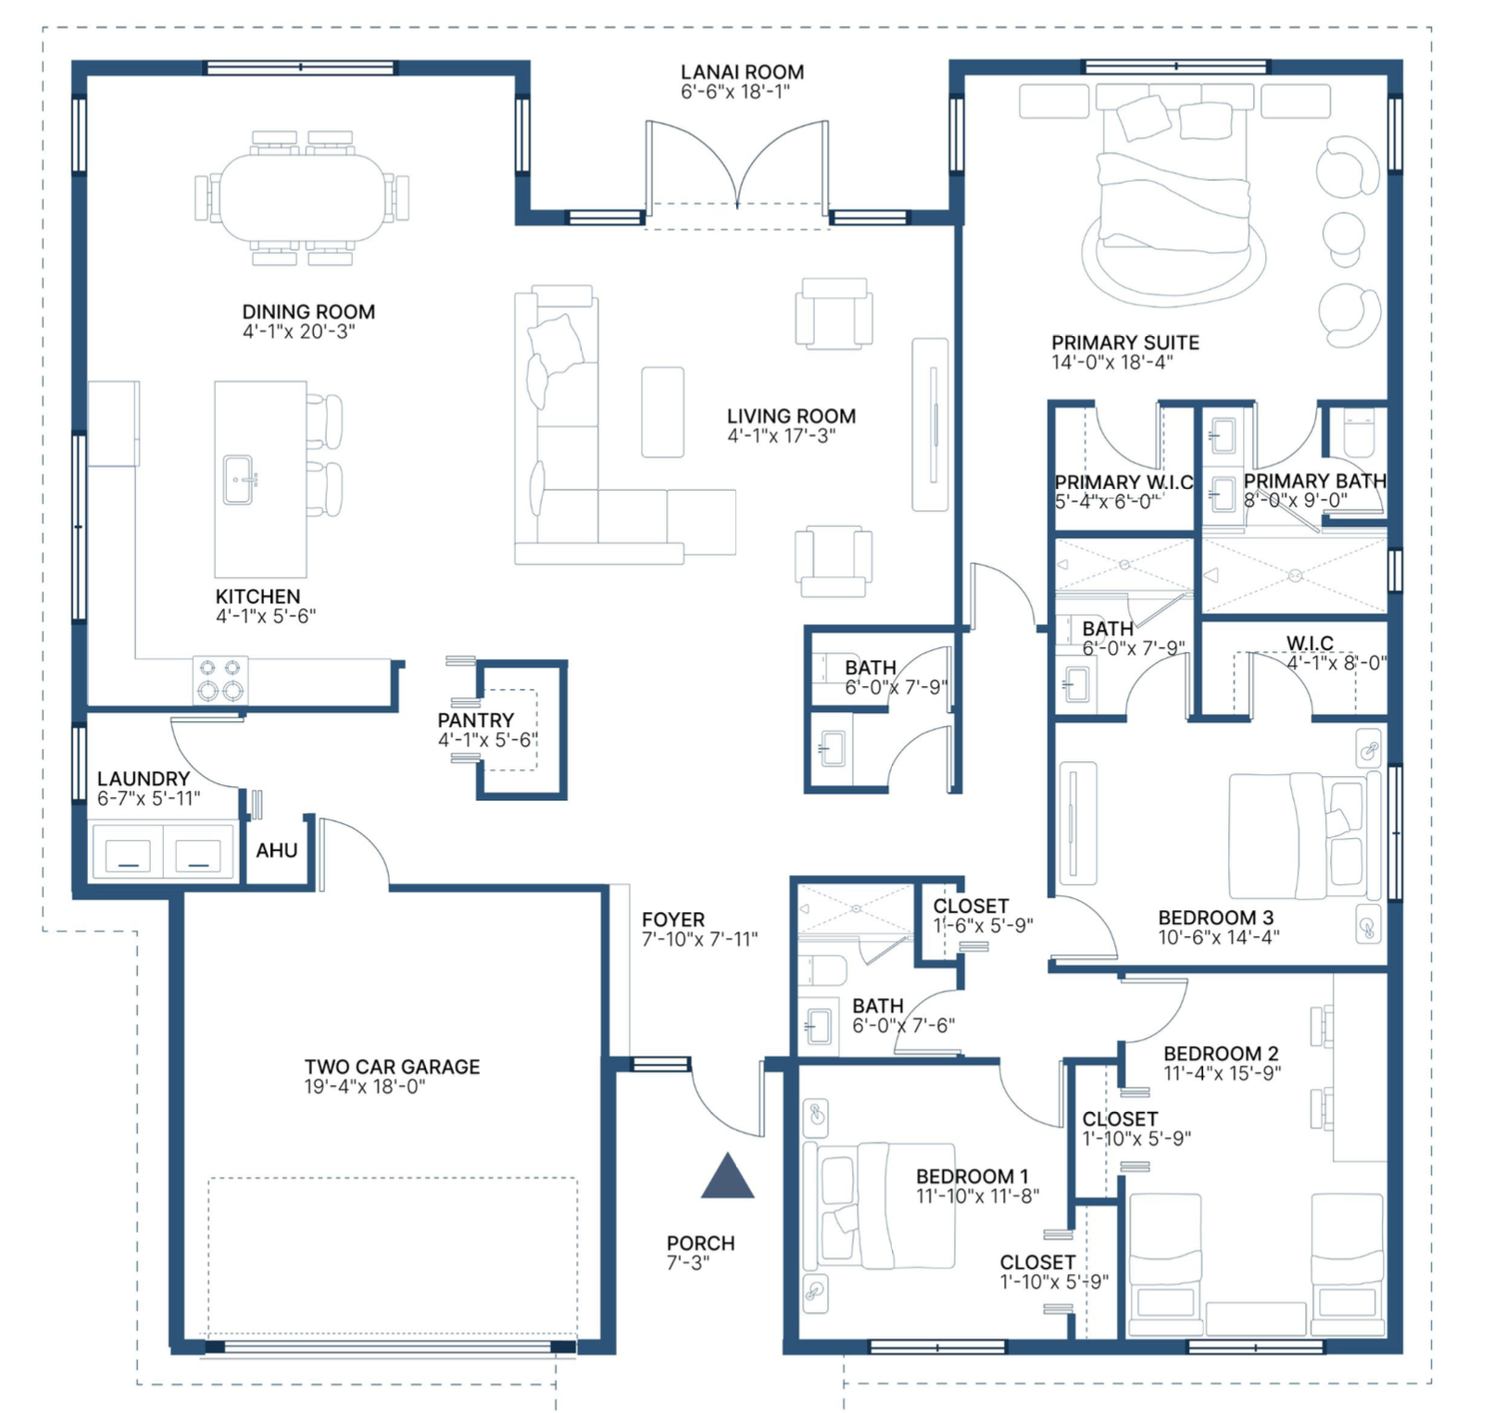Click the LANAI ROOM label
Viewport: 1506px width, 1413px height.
pos(742,72)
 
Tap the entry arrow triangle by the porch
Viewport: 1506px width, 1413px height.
pos(728,1177)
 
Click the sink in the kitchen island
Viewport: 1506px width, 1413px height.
pos(239,480)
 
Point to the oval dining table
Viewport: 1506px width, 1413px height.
pos(303,197)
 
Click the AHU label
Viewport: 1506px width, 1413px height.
pos(277,850)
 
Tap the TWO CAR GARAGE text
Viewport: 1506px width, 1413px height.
pos(393,1067)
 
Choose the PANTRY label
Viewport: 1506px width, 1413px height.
pos(476,720)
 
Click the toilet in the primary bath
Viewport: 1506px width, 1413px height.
pos(1359,433)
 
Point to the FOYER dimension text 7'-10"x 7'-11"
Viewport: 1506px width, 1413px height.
pos(700,939)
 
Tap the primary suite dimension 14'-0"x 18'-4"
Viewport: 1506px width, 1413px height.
pos(1112,362)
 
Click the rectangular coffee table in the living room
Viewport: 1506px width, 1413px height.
pos(663,412)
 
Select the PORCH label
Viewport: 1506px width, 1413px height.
pos(701,1244)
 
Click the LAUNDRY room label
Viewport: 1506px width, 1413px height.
pos(144,779)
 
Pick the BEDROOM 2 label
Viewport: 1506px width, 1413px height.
pos(1221,1054)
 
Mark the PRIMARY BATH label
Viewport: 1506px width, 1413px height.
pos(1315,481)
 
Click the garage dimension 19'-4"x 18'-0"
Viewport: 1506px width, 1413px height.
pos(365,1086)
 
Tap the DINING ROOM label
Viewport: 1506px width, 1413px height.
pos(308,312)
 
